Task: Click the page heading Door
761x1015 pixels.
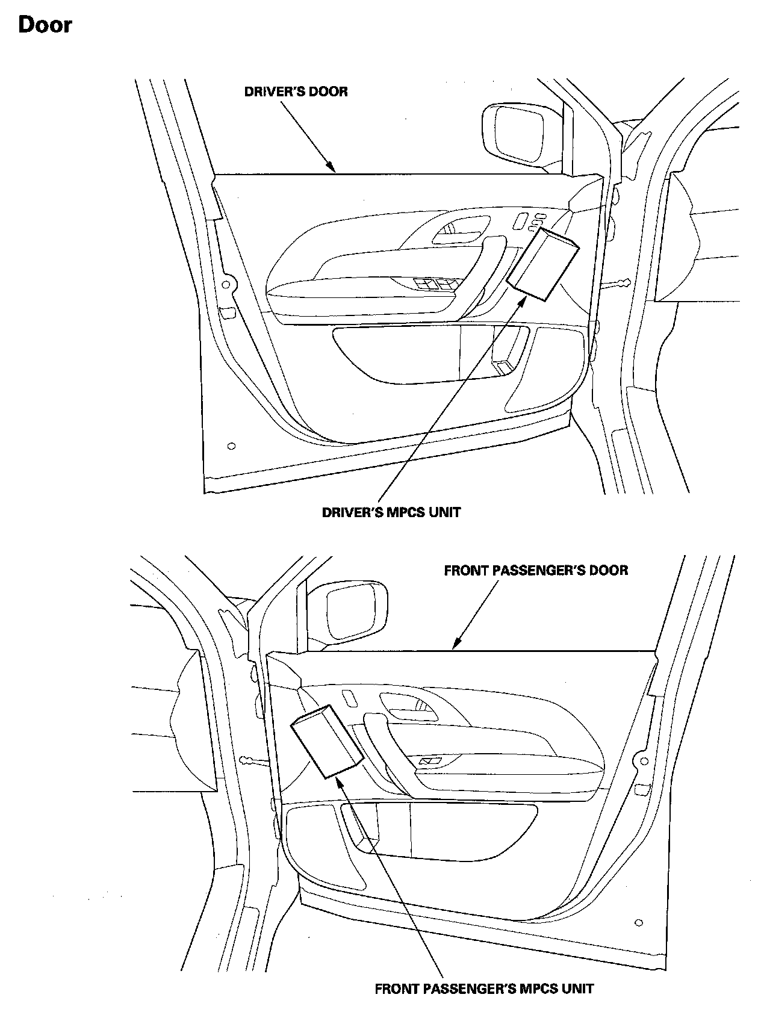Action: (x=45, y=25)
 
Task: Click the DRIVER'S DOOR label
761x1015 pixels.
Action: (x=296, y=92)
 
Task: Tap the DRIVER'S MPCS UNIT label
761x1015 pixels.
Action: (x=391, y=512)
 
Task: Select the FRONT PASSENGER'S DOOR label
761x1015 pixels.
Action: (x=536, y=570)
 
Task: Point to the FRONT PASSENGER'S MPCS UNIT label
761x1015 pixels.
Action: (x=484, y=989)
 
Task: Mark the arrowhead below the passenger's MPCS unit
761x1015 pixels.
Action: (x=338, y=781)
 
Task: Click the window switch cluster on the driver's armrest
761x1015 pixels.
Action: (x=438, y=284)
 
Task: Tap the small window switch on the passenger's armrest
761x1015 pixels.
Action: (x=431, y=762)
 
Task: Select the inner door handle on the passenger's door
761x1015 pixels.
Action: (x=405, y=704)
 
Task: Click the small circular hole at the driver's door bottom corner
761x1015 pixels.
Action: (x=232, y=446)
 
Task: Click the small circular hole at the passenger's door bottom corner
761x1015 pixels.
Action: (x=639, y=922)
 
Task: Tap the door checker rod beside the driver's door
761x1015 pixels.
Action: (x=615, y=283)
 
